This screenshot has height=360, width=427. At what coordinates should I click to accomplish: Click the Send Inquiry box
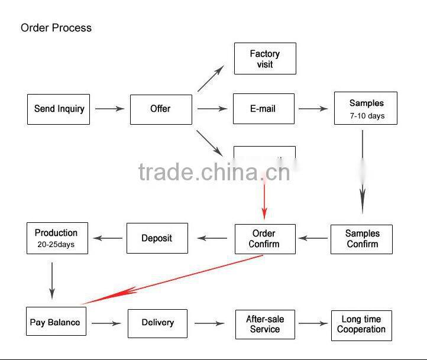[59, 109]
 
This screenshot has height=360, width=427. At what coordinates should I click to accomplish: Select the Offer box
[161, 109]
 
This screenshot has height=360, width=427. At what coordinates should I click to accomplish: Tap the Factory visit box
[265, 59]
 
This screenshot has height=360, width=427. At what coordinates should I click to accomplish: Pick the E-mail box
[263, 109]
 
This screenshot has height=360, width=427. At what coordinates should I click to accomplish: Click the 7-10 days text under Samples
[367, 116]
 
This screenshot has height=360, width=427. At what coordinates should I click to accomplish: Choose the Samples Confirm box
[361, 239]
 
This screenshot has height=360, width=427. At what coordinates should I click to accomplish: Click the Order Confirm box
[264, 239]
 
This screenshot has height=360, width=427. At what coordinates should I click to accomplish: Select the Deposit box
[157, 238]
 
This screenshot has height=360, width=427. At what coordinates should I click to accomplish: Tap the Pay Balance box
[56, 323]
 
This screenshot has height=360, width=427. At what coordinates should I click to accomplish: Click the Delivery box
[158, 323]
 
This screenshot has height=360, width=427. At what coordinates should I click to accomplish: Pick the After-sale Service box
[265, 324]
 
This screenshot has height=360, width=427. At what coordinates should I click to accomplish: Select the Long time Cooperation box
[361, 325]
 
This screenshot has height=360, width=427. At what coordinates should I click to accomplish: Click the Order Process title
[56, 28]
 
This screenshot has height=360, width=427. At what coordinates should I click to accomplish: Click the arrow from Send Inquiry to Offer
[109, 109]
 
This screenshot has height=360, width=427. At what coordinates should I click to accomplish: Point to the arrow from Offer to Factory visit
[210, 79]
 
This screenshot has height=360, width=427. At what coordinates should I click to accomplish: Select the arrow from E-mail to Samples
[313, 109]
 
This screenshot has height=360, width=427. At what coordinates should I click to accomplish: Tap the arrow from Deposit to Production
[107, 238]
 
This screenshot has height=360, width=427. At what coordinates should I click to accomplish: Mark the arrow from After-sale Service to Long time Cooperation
[313, 323]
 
